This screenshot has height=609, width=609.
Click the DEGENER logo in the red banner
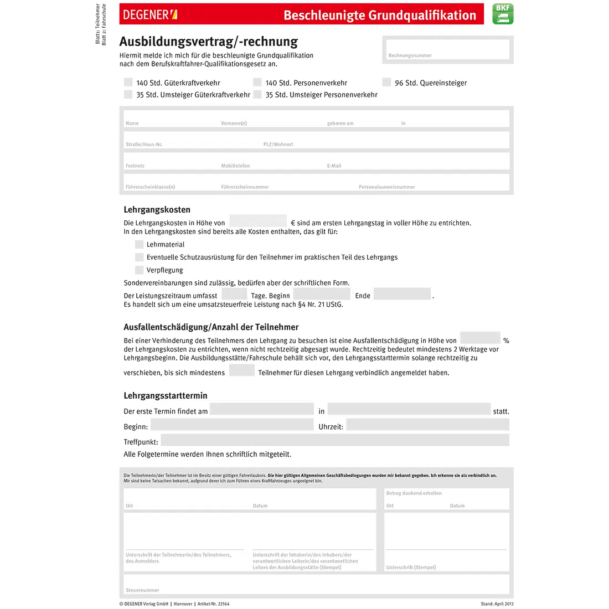point(150,15)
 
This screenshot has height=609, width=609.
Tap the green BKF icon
point(503,14)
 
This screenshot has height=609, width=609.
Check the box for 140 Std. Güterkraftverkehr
point(128,82)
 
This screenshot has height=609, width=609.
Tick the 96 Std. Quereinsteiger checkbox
point(386,82)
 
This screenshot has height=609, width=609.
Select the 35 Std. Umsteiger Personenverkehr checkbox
point(257,95)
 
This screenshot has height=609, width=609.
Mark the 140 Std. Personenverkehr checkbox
point(257,82)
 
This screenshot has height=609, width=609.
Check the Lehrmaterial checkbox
point(140,244)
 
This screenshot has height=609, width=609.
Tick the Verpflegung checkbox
point(140,270)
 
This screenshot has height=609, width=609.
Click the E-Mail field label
point(334,166)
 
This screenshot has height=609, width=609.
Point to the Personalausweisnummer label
point(386,187)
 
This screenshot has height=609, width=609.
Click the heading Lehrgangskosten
point(157,210)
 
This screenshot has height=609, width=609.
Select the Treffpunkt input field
point(334,441)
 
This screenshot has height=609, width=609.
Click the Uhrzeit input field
point(427,425)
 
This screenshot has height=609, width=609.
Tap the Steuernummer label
point(142,590)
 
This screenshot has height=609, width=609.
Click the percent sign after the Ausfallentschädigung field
point(506,341)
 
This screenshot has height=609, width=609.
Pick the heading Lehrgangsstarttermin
point(166,396)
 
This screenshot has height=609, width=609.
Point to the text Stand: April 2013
point(497,604)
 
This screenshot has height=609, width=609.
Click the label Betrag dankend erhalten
point(414,493)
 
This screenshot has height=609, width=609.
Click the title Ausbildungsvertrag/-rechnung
point(209,42)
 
